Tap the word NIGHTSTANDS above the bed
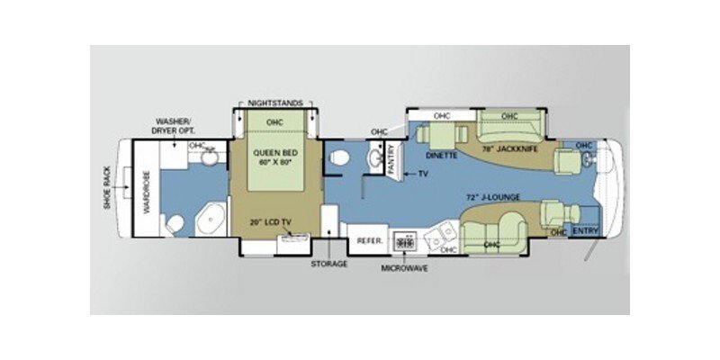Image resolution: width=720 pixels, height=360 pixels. tap(274, 104)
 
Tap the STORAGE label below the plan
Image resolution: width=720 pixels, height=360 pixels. tap(329, 265)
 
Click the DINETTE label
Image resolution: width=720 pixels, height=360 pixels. tap(442, 155)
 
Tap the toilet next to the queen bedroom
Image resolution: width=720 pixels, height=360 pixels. tap(339, 157)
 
